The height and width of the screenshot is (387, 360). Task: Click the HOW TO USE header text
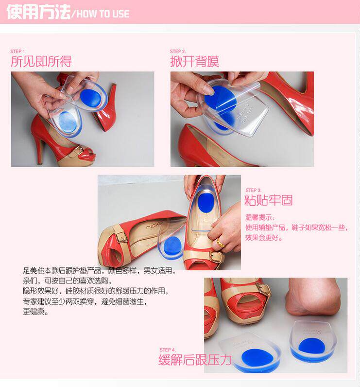pos(103,14)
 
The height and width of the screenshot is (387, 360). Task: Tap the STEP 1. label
pos(18,52)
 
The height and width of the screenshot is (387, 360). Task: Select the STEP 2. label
pos(178,52)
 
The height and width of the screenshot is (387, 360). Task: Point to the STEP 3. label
pos(254,190)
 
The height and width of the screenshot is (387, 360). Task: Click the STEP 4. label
pos(168,350)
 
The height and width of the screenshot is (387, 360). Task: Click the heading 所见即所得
pos(41,61)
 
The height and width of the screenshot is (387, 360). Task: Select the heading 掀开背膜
pos(194,61)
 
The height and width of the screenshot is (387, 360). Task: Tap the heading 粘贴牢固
pos(269,200)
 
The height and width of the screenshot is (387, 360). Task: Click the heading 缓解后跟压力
pos(195,360)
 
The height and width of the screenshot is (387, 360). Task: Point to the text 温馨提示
pos(258,217)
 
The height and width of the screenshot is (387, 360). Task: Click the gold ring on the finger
pos(221,243)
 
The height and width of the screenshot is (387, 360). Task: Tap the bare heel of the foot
pos(313,299)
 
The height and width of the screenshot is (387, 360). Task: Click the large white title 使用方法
pos(38,12)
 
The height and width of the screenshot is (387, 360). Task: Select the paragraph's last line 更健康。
pos(36,312)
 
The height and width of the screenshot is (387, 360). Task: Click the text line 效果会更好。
pos(264,238)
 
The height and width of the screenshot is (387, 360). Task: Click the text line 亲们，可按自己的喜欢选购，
pos(67,281)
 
